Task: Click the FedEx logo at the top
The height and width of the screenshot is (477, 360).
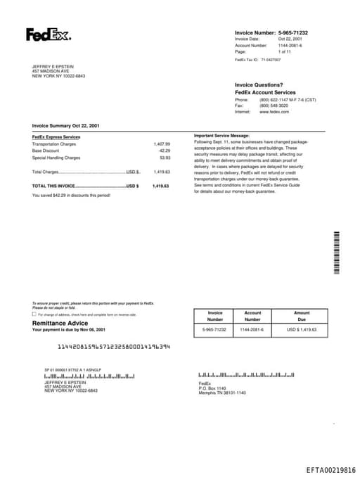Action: click(48, 34)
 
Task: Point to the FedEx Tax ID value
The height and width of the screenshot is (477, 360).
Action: click(271, 61)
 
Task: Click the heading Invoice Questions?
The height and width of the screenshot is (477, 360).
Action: click(259, 85)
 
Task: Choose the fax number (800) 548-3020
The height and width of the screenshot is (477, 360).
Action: click(274, 106)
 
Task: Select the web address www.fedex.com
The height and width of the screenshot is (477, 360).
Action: click(274, 112)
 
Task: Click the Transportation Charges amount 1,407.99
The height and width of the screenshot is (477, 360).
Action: click(162, 144)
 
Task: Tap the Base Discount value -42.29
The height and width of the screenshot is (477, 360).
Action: click(164, 151)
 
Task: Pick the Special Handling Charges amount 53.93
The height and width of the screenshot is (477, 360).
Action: click(165, 158)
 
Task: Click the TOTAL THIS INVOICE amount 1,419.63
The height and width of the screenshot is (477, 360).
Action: click(161, 186)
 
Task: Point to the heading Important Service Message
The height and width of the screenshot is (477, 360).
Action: click(221, 135)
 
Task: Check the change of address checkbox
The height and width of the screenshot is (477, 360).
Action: click(34, 314)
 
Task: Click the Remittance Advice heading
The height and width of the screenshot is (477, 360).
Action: click(60, 323)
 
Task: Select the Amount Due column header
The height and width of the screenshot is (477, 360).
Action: click(302, 316)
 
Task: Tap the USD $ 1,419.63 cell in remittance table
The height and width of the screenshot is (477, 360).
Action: click(302, 329)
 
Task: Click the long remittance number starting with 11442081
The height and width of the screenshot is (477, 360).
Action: click(113, 347)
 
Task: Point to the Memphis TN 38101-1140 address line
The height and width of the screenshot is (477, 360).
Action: click(222, 393)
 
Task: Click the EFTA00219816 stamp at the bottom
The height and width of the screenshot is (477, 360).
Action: click(330, 469)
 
